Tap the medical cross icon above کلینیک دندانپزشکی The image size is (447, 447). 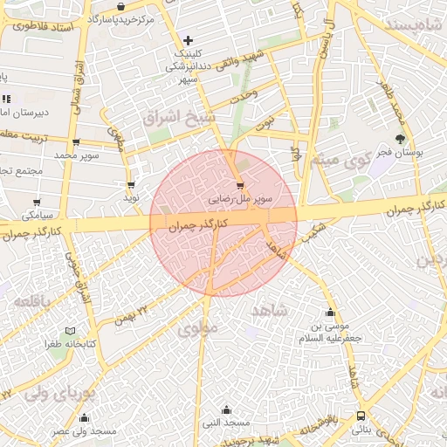tap(188, 41)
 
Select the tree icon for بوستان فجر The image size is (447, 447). tap(401, 139)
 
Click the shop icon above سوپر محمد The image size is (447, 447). tap(76, 142)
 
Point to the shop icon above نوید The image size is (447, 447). tap(131, 185)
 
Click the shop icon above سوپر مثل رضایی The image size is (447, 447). tap(240, 186)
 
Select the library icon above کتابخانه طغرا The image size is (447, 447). tap(71, 332)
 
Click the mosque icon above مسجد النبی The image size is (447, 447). tap(227, 410)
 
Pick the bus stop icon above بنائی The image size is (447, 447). tap(361, 416)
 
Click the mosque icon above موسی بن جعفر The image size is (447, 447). tap(330, 313)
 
